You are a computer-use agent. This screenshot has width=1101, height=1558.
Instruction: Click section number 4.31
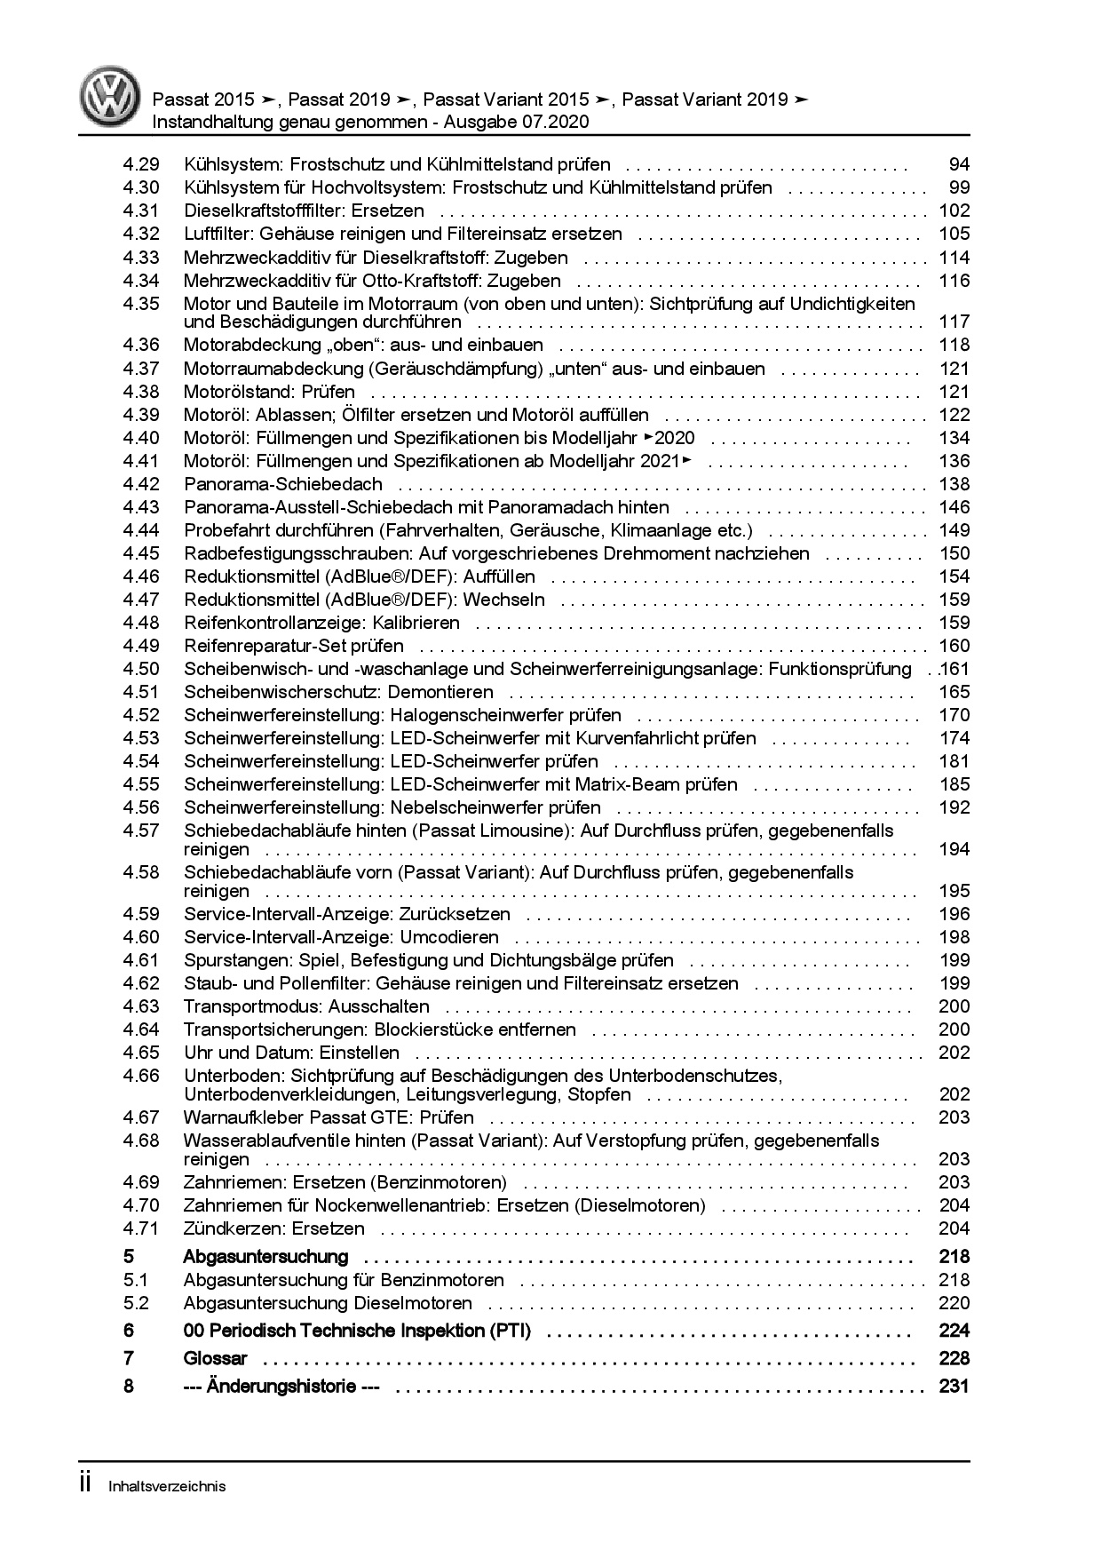click(x=141, y=211)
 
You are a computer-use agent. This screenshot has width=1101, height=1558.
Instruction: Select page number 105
click(x=954, y=234)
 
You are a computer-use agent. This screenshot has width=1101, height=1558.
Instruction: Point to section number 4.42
click(x=141, y=484)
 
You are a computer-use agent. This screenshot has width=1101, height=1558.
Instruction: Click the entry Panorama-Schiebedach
click(x=282, y=484)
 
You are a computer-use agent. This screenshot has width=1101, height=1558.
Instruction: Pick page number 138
click(x=954, y=484)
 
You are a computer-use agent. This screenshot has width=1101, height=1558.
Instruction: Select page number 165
click(x=954, y=692)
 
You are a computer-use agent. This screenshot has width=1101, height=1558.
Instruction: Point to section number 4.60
click(x=141, y=937)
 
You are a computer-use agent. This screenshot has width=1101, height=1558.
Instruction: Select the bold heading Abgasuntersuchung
click(x=265, y=1257)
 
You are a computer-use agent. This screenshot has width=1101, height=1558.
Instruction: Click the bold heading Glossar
click(x=215, y=1358)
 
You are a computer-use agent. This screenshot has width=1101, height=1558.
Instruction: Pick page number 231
click(x=953, y=1387)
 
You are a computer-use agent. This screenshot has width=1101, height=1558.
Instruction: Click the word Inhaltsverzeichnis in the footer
click(x=167, y=1486)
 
